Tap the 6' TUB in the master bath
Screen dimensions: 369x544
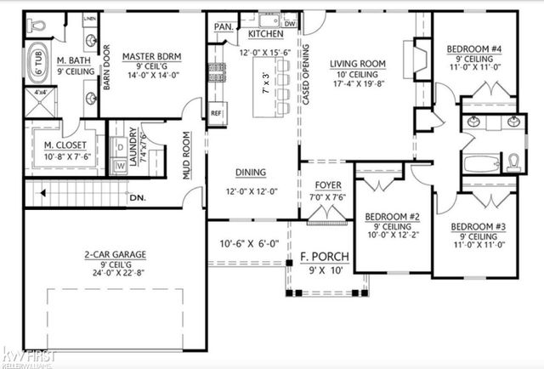pyautogui.click(x=37, y=63)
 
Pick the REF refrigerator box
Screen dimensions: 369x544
pyautogui.click(x=216, y=111)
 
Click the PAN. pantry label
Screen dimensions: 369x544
pyautogui.click(x=224, y=27)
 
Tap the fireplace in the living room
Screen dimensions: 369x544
pyautogui.click(x=417, y=61)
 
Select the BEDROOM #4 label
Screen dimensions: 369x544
pyautogui.click(x=474, y=49)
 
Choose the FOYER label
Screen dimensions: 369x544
pyautogui.click(x=328, y=184)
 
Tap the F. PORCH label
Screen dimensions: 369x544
pyautogui.click(x=320, y=257)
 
